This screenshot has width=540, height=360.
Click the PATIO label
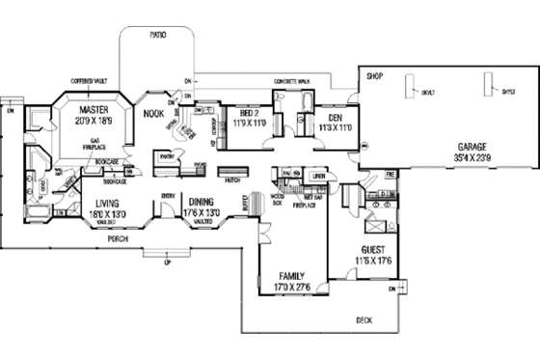(158, 35)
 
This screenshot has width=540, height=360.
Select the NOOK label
(154, 112)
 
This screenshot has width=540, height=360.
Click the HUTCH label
(231, 180)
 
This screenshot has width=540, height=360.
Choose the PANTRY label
(166, 154)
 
